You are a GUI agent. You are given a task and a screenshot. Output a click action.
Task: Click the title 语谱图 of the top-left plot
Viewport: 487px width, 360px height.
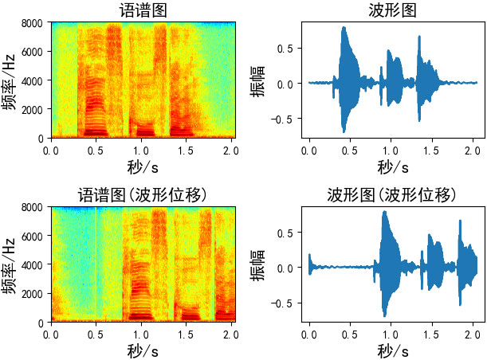(144, 10)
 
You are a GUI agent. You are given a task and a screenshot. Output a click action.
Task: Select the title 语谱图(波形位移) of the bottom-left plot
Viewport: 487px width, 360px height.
(144, 194)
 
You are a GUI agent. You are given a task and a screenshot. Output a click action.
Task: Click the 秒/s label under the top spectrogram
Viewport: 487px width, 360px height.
(144, 167)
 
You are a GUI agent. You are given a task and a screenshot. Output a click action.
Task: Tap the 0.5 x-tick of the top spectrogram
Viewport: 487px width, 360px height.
(96, 148)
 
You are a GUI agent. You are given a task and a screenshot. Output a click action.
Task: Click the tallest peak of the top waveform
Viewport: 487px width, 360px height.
(344, 28)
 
